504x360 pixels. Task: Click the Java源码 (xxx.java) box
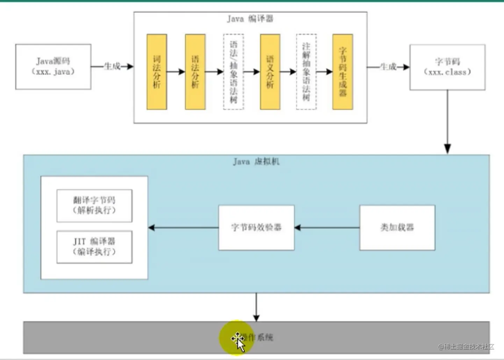coord(53,67)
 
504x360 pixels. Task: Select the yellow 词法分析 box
coord(157,72)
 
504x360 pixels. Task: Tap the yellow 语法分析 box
coord(195,72)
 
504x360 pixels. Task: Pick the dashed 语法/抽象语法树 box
coord(233,72)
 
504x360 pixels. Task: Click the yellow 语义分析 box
coord(270,72)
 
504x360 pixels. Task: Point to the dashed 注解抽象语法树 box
coord(306,72)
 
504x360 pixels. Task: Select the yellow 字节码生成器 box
coord(343,72)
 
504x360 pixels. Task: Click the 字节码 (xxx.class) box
coord(447,67)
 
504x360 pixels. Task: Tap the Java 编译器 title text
coord(250,19)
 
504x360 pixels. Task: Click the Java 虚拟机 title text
coord(256,161)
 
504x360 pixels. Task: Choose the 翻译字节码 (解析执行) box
coord(94,206)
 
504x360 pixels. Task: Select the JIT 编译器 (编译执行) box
coord(94,247)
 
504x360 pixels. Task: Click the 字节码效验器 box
coord(256,228)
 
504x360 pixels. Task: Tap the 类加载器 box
coord(397,228)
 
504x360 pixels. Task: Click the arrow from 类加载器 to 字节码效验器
coord(327,228)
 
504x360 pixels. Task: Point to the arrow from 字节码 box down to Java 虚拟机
coord(447,122)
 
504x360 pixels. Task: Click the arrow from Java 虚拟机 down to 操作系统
coord(256,307)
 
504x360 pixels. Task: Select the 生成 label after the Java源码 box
coord(112,66)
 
